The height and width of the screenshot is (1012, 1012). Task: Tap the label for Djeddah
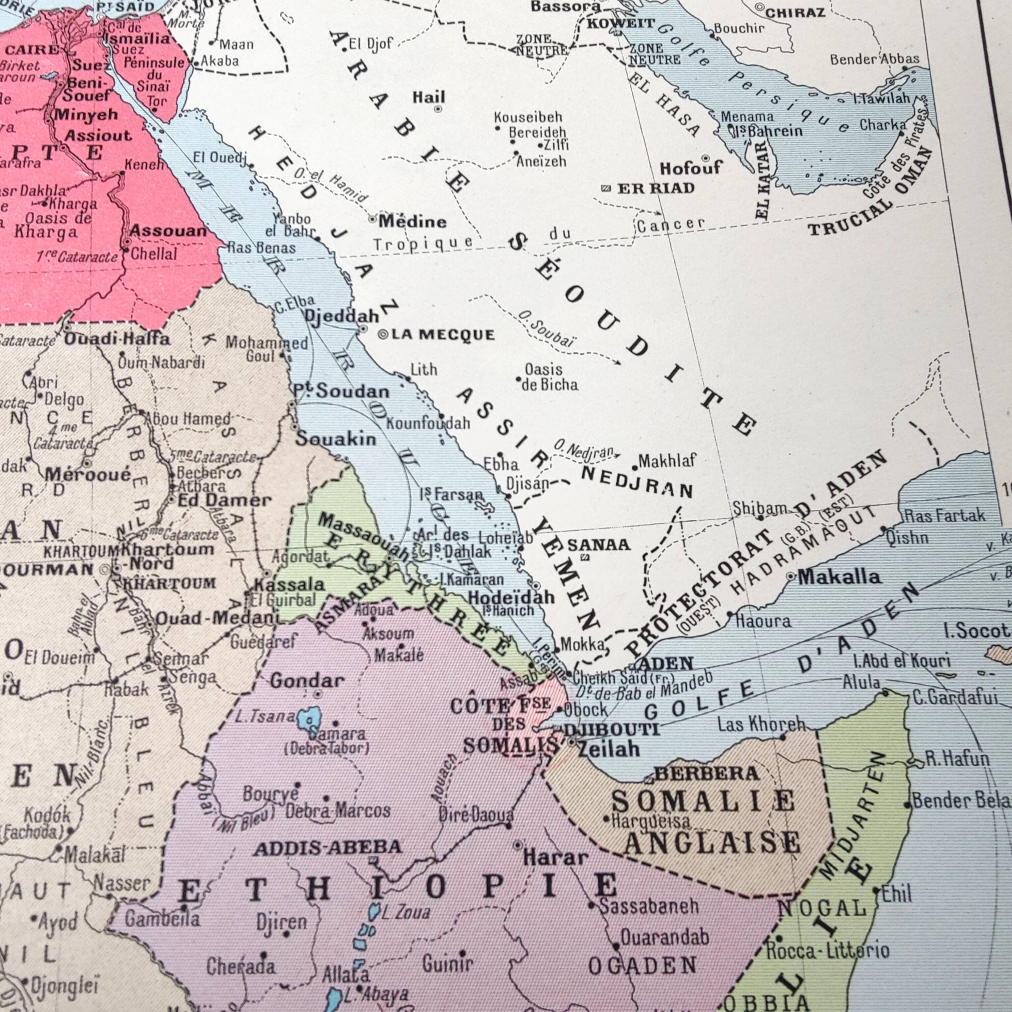tap(342, 316)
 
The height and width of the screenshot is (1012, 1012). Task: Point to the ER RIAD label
tap(656, 188)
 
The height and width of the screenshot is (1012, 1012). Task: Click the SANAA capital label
tap(599, 545)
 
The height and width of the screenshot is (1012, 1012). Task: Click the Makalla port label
tap(839, 577)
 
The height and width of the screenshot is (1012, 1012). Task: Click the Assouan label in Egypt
tap(168, 231)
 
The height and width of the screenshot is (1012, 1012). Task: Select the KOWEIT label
tap(620, 24)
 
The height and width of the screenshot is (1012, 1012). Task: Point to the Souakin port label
tap(336, 438)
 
